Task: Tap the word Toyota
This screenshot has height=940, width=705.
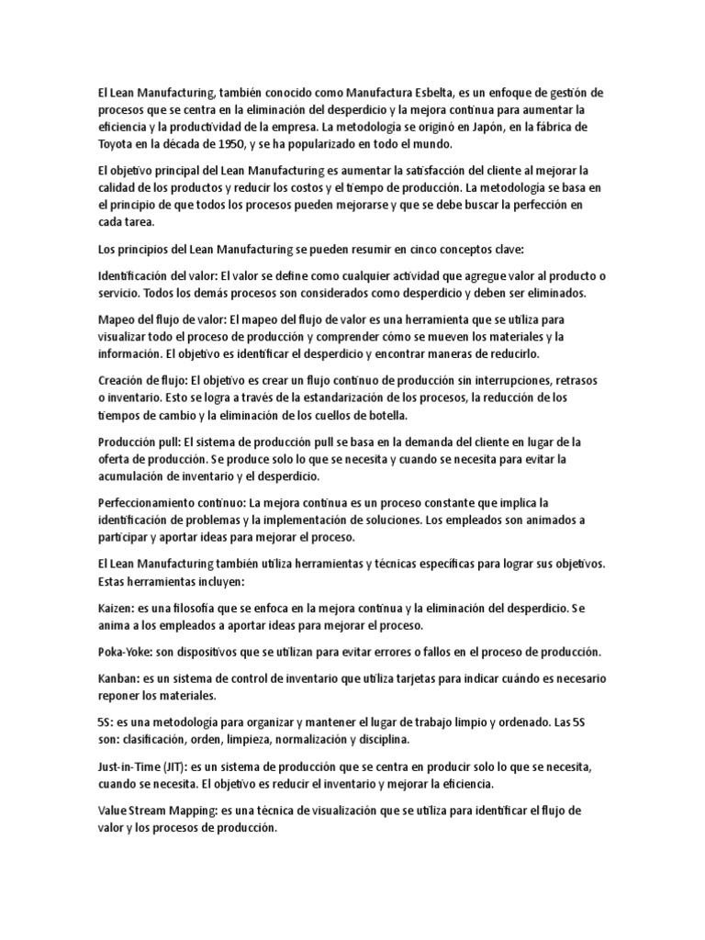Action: coord(118,144)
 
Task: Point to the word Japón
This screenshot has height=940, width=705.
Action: coord(499,128)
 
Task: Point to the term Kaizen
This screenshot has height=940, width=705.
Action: coord(115,608)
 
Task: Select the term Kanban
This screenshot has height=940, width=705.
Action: coord(117,678)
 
